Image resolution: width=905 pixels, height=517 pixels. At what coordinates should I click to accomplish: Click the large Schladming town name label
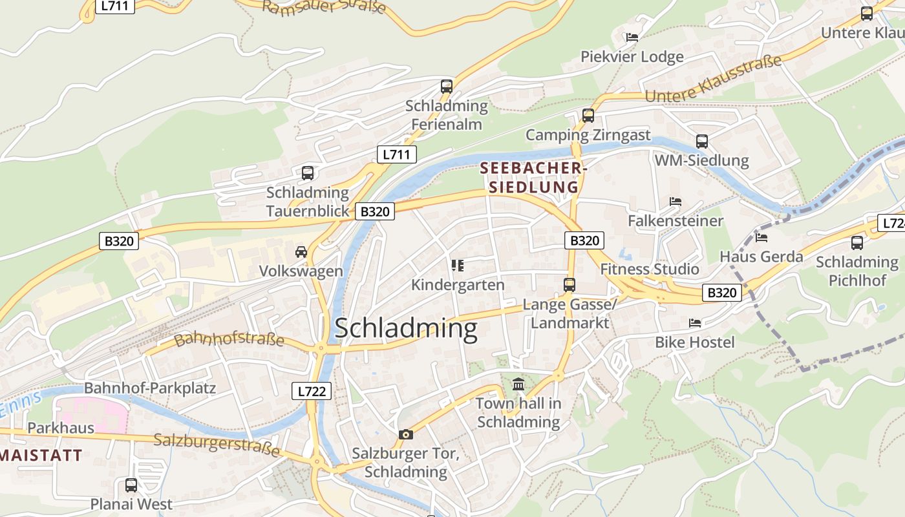[x=406, y=328]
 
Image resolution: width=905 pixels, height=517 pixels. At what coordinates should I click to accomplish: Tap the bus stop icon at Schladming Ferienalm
[x=446, y=86]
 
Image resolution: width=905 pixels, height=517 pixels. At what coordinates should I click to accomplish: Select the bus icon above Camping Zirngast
[x=588, y=116]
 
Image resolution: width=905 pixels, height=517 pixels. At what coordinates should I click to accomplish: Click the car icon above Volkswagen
[x=301, y=251]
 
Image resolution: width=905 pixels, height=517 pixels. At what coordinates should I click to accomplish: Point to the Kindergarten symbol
[x=458, y=265]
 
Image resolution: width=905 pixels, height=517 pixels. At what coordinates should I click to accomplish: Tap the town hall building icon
[x=518, y=385]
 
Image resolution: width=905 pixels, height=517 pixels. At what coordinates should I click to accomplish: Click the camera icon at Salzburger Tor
[x=405, y=434]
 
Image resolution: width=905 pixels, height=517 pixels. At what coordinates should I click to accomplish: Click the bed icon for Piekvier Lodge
[x=632, y=37]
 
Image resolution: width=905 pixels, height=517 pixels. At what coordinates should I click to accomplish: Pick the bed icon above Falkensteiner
[x=676, y=202]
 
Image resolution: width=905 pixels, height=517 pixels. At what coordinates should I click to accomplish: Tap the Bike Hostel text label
[x=695, y=342]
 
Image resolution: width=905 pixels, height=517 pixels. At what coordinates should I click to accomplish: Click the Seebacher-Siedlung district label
[x=533, y=178]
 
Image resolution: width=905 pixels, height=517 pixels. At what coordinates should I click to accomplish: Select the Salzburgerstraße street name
[x=217, y=445]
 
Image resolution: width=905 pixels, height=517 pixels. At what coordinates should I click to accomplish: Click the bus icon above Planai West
[x=131, y=485]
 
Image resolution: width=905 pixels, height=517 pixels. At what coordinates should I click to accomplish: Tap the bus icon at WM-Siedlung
[x=701, y=141]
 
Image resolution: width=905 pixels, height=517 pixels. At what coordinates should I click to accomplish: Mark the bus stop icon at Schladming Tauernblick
[x=308, y=173]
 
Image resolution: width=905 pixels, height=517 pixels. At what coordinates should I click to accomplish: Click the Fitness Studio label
[x=650, y=269]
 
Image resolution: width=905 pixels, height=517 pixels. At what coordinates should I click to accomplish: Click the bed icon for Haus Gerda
[x=761, y=237]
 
